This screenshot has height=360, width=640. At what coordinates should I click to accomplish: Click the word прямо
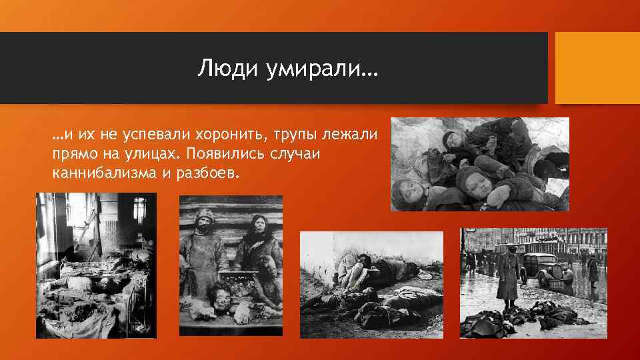[71, 155]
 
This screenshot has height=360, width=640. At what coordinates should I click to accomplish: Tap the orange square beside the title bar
[597, 68]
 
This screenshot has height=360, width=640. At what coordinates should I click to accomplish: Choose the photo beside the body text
[479, 164]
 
